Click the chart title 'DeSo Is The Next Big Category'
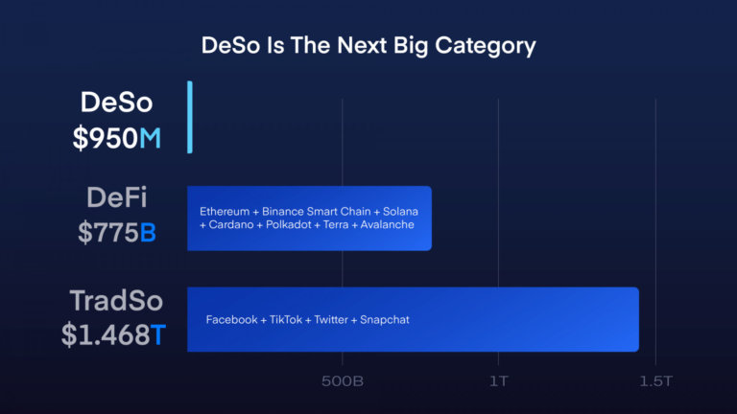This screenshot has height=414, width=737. click(368, 45)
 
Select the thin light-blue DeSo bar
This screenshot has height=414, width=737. click(190, 117)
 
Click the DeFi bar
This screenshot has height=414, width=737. click(309, 218)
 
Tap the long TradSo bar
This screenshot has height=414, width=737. click(413, 319)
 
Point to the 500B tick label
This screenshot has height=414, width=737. click(342, 381)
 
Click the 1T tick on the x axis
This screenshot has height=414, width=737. click(499, 381)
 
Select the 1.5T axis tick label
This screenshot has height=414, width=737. click(656, 381)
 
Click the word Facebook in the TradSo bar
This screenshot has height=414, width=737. click(231, 319)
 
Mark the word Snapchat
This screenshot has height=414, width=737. click(385, 319)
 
